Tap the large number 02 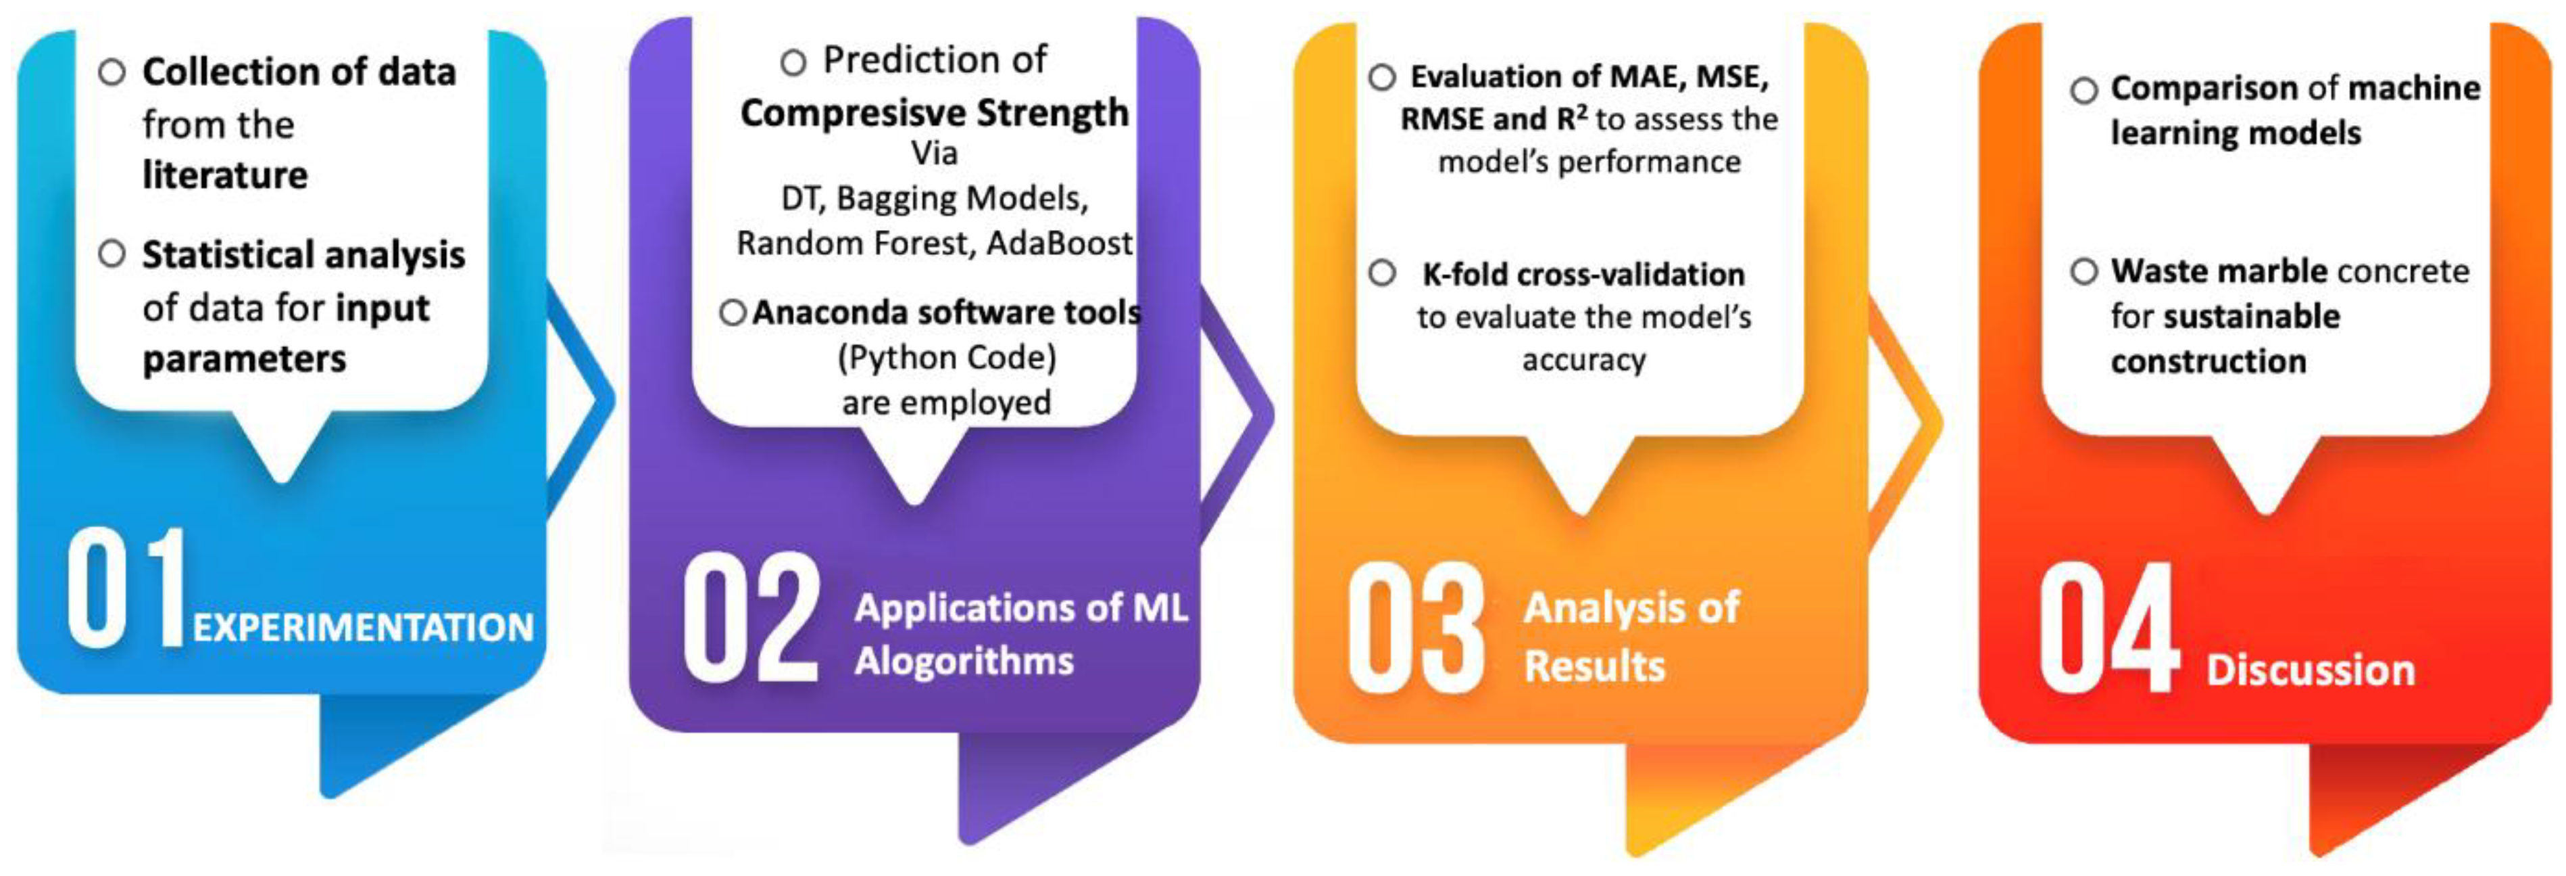pos(751,618)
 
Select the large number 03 pos(1416,627)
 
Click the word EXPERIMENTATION pos(364,628)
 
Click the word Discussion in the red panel pos(2311,670)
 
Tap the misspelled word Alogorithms pos(964,662)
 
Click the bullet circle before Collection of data pos(112,72)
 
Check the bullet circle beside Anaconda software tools pos(732,313)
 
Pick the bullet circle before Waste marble pos(2084,271)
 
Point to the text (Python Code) pos(946,356)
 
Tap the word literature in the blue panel pos(225,175)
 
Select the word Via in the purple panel pos(935,154)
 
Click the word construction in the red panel pos(2209,361)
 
